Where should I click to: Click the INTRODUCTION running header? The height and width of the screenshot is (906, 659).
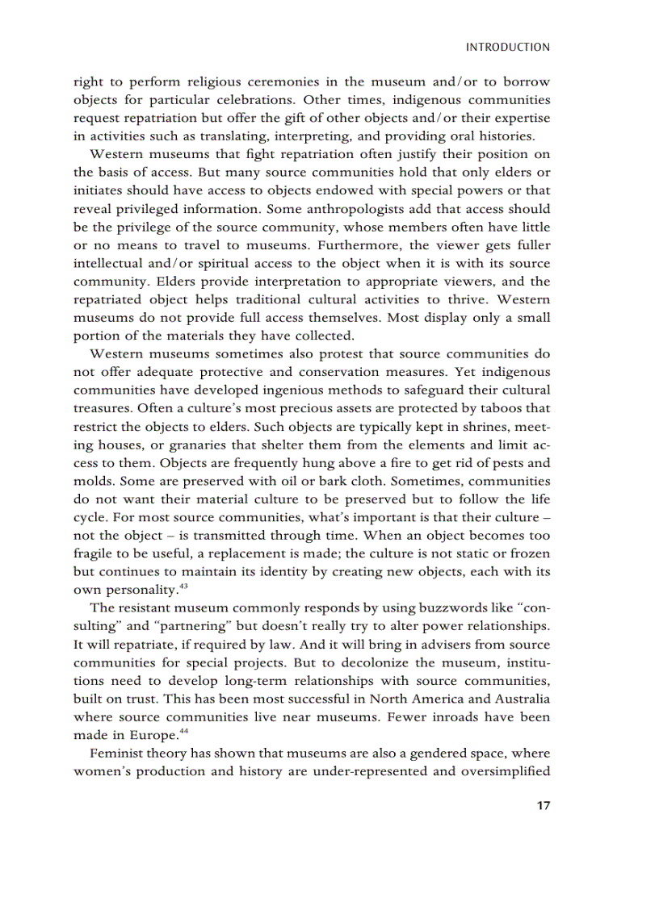tap(508, 48)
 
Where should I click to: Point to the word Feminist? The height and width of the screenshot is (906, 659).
tap(116, 753)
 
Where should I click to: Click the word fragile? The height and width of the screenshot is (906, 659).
tap(94, 553)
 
